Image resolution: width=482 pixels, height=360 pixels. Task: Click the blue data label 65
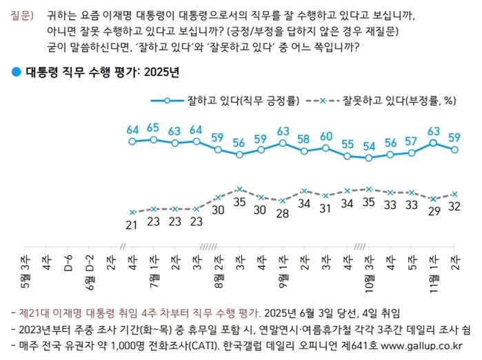pyautogui.click(x=153, y=127)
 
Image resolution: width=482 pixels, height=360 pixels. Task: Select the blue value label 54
pyautogui.click(x=369, y=146)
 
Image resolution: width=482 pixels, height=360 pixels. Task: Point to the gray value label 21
pyautogui.click(x=132, y=224)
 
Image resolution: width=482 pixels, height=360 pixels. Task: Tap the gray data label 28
pyautogui.click(x=282, y=213)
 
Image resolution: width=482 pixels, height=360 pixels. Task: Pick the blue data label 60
pyautogui.click(x=325, y=136)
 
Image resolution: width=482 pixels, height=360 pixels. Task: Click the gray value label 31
pyautogui.click(x=325, y=210)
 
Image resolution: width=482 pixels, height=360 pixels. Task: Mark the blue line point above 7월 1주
pyautogui.click(x=154, y=139)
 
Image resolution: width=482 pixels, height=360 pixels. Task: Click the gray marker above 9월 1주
pyautogui.click(x=282, y=200)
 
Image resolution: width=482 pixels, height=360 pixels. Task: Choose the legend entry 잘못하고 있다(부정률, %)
pyautogui.click(x=400, y=101)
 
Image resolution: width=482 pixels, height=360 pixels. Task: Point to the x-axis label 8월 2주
pyautogui.click(x=218, y=270)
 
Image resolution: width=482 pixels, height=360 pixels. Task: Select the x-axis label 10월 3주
pyautogui.click(x=369, y=270)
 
